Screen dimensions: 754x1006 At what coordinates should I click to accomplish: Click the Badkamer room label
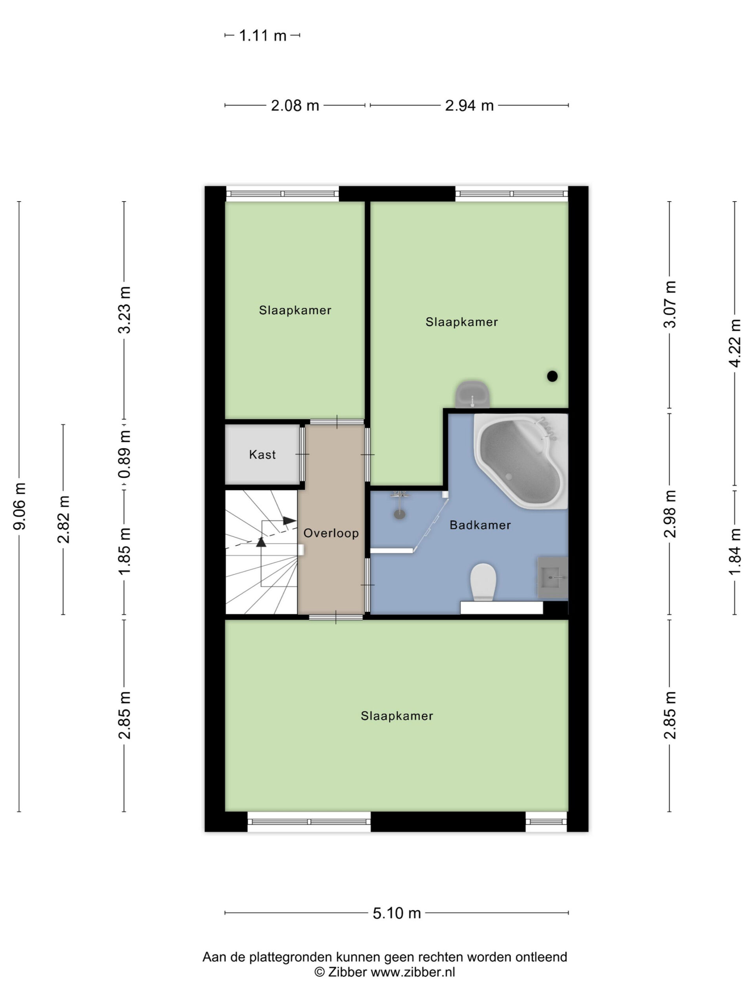click(480, 525)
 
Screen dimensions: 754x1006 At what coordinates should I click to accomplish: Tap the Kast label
click(262, 454)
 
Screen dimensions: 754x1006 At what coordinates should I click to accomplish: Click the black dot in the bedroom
click(552, 376)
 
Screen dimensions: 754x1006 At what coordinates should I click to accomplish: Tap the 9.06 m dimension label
click(20, 506)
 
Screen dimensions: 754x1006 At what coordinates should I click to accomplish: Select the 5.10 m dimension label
click(397, 913)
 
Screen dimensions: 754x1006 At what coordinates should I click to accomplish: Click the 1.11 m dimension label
click(263, 35)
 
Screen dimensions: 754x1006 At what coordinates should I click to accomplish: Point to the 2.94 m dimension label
click(469, 105)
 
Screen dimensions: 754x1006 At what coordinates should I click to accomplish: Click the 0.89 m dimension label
click(124, 454)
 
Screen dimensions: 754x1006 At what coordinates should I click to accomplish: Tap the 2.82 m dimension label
click(64, 520)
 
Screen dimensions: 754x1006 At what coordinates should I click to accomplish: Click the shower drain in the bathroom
click(399, 514)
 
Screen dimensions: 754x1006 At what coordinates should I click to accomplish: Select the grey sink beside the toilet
click(553, 577)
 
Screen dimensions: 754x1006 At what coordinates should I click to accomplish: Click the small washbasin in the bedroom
click(473, 394)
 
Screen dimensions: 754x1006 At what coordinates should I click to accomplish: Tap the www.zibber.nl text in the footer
click(413, 972)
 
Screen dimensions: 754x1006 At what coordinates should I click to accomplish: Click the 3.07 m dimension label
click(670, 304)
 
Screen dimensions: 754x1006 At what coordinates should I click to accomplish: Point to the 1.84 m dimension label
click(735, 552)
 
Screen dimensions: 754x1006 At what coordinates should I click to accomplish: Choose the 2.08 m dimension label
click(295, 105)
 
